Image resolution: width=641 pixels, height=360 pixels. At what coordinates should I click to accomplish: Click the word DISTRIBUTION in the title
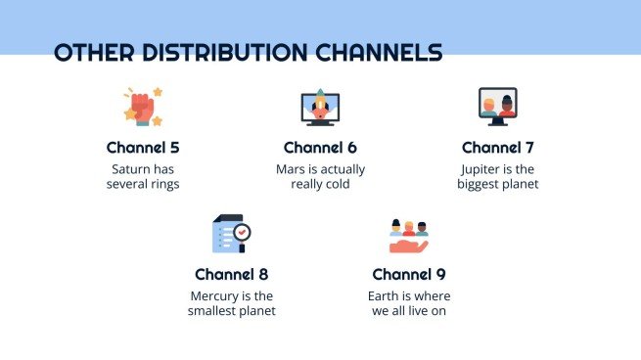(224, 52)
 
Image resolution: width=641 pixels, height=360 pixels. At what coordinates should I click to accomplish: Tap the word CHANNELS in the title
(379, 52)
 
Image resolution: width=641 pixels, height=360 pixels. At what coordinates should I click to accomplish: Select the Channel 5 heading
(143, 148)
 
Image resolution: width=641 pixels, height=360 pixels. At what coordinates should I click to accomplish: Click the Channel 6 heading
(320, 148)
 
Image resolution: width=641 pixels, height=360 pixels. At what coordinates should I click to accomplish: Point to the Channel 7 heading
(497, 148)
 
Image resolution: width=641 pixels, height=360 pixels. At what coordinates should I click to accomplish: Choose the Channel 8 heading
(231, 274)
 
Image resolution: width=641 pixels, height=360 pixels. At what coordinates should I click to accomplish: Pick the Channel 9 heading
(409, 274)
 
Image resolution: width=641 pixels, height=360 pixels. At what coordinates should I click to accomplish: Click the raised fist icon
(143, 107)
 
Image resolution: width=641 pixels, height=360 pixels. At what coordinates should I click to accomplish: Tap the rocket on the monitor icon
(320, 105)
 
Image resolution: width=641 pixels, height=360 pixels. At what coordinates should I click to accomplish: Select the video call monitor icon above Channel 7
(497, 107)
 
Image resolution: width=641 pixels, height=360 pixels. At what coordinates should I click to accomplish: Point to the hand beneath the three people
(408, 247)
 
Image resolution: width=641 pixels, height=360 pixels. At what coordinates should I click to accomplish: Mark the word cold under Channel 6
(338, 184)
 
